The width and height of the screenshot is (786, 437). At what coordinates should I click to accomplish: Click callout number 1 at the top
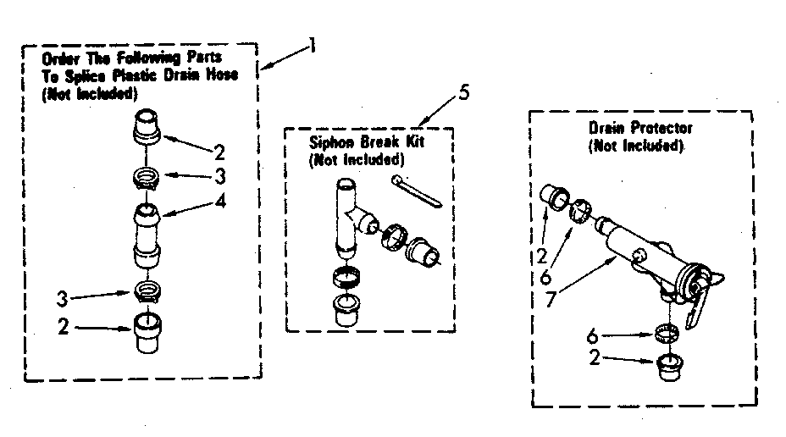click(x=313, y=46)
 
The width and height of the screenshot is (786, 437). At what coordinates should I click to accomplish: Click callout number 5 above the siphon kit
click(x=463, y=92)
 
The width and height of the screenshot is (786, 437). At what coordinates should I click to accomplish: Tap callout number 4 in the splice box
click(x=220, y=201)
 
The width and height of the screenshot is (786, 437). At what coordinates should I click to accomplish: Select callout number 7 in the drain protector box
click(x=551, y=299)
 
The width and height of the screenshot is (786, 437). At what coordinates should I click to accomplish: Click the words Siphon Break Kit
click(x=367, y=142)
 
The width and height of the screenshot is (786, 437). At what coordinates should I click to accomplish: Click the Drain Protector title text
click(x=640, y=128)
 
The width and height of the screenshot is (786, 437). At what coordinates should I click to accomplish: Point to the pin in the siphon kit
click(x=417, y=191)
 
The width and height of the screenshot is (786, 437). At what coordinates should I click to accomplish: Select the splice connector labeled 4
click(x=147, y=235)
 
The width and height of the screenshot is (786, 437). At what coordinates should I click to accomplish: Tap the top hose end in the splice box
click(x=147, y=126)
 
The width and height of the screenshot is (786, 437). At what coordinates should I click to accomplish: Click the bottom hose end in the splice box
click(x=147, y=333)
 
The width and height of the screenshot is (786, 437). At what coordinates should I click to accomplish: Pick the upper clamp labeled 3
click(x=147, y=178)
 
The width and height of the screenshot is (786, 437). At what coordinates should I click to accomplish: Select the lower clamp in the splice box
click(x=147, y=290)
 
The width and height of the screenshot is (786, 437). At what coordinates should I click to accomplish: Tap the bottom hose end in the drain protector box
click(x=670, y=368)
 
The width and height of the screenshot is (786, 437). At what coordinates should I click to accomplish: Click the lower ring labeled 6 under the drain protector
click(x=667, y=333)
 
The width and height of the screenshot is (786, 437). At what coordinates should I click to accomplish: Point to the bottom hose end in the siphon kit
click(x=346, y=310)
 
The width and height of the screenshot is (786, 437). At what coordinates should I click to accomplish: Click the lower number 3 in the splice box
click(x=62, y=299)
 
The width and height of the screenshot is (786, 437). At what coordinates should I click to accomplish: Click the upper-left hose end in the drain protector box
click(x=554, y=197)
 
